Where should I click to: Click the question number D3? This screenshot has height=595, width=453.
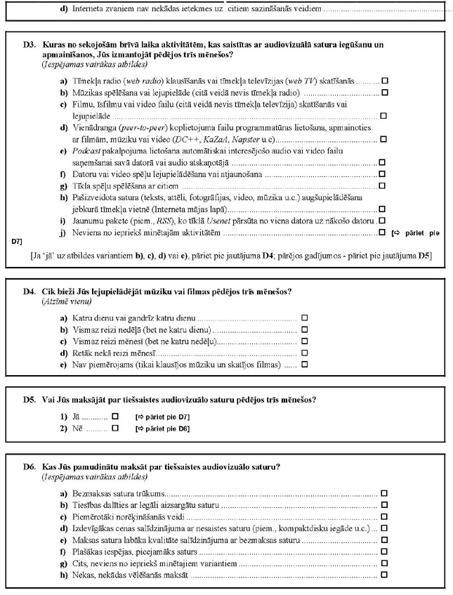click(29, 44)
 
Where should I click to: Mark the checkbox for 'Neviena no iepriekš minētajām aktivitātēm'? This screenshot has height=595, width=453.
click(383, 231)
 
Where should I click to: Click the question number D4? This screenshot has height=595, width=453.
click(29, 291)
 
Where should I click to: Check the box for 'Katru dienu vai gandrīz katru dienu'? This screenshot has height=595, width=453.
click(305, 318)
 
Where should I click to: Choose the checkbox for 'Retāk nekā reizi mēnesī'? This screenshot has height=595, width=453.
click(305, 353)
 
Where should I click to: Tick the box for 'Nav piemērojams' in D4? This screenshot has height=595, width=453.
click(305, 365)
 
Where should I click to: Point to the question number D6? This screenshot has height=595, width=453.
click(29, 466)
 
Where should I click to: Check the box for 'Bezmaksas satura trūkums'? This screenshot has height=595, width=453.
click(383, 494)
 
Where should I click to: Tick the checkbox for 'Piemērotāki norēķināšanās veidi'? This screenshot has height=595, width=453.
click(383, 517)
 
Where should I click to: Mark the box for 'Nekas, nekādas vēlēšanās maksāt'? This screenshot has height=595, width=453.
click(383, 575)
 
